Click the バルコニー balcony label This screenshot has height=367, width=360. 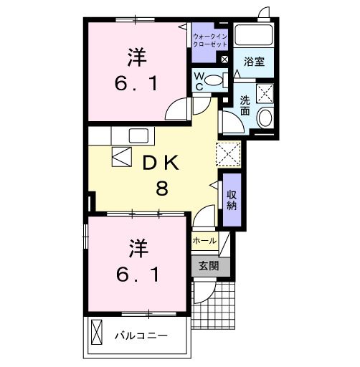click(x=141, y=335)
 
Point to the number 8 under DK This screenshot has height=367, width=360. click(x=163, y=189)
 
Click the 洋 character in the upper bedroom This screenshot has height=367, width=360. click(x=133, y=55)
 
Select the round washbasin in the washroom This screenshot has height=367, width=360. click(x=265, y=118)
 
